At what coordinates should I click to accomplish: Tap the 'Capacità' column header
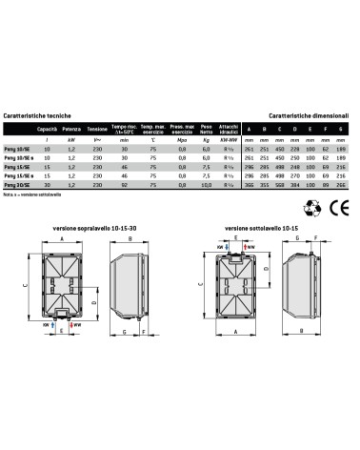click(47, 129)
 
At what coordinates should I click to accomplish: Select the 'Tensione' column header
click(97, 129)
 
